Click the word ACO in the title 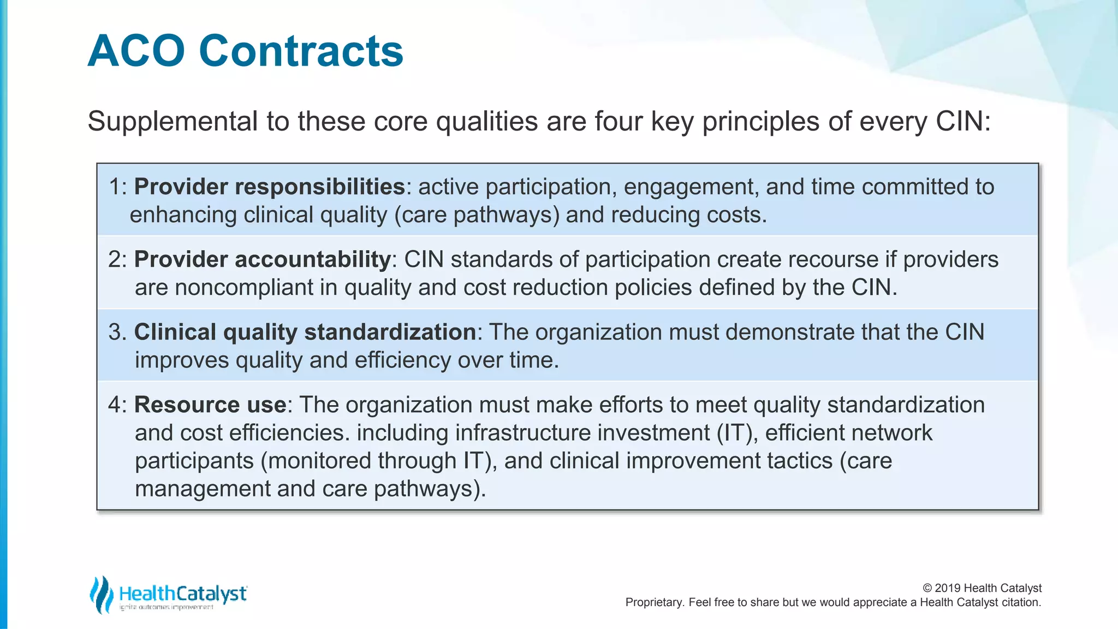[136, 51]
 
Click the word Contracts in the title [301, 51]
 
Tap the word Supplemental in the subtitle [173, 121]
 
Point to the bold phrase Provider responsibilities [269, 187]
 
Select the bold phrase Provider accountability [262, 259]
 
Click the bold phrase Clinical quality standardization [305, 332]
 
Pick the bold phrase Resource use [210, 405]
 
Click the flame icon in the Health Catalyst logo [101, 594]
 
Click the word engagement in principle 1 [691, 187]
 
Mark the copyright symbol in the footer [927, 588]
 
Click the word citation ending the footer [1021, 602]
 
